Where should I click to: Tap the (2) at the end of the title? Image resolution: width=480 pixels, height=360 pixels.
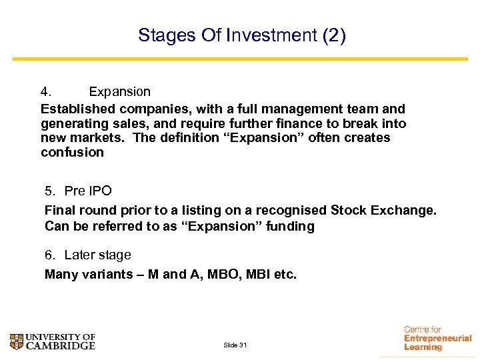(333, 35)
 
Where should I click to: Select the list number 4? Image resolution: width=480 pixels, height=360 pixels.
(45, 91)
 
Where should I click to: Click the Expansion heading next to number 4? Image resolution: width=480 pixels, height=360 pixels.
(119, 91)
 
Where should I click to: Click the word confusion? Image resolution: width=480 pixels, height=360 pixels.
(72, 153)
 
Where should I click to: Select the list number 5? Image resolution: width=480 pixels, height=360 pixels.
(50, 191)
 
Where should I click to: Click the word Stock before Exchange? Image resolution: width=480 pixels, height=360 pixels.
(350, 211)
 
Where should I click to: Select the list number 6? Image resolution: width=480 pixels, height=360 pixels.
(50, 255)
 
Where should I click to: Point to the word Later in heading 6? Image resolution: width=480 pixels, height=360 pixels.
(80, 255)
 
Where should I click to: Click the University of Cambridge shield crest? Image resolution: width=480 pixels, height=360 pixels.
(16, 341)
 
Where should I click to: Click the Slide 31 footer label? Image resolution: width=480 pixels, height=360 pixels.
(235, 345)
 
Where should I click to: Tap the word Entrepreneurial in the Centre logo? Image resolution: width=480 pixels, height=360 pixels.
(437, 339)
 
